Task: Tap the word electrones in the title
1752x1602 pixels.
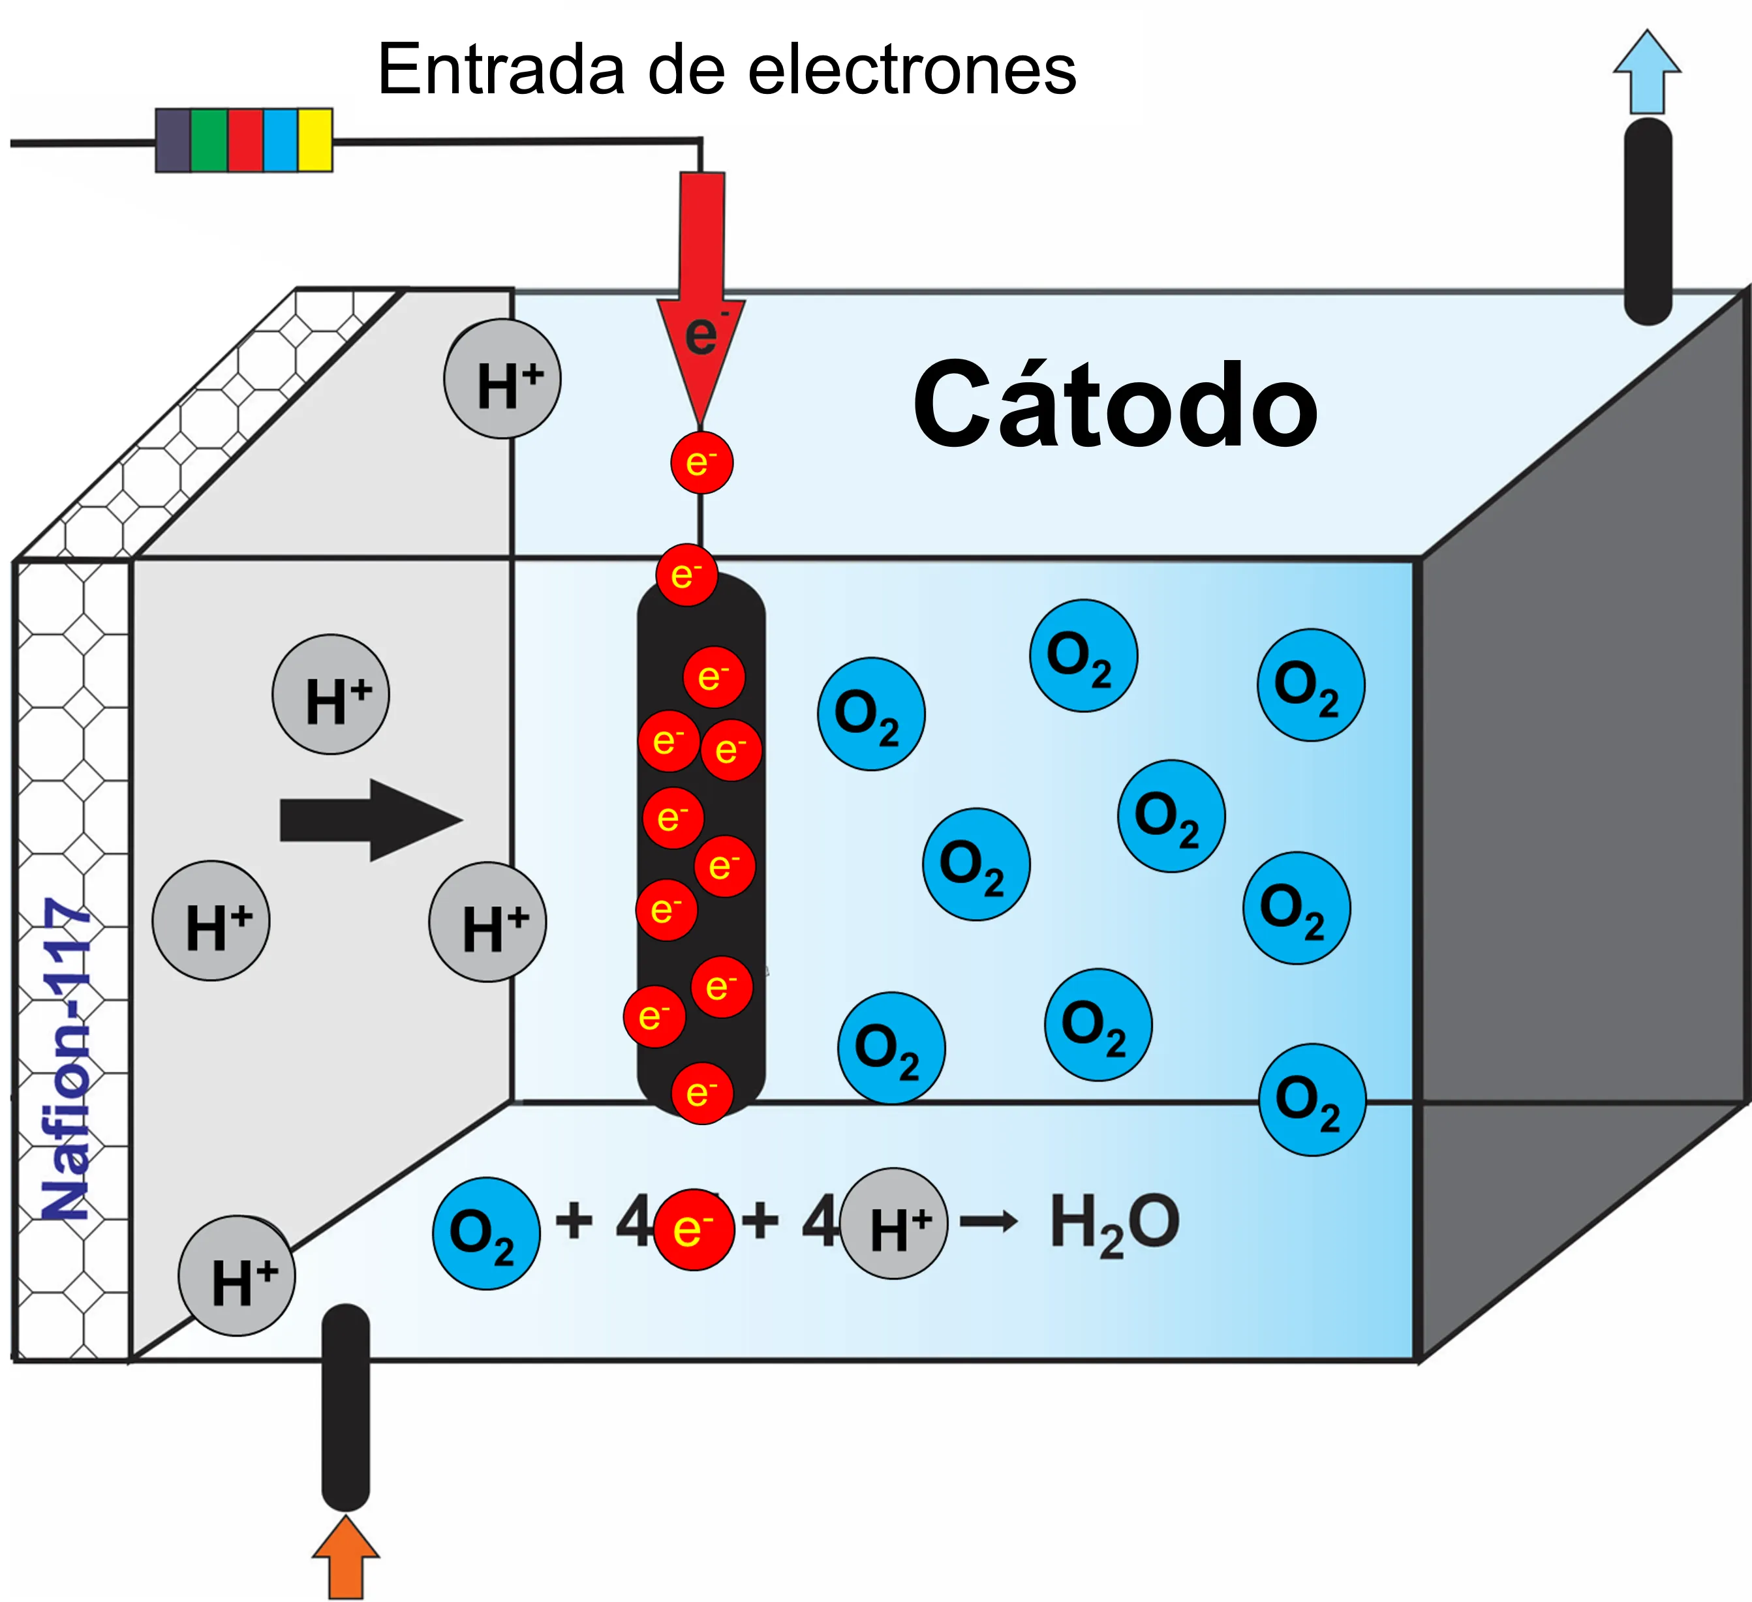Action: pyautogui.click(x=912, y=70)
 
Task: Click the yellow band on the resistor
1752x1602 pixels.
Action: pyautogui.click(x=315, y=140)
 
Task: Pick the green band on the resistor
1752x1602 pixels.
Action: pyautogui.click(x=209, y=140)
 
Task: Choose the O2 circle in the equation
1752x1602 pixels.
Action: pyautogui.click(x=486, y=1233)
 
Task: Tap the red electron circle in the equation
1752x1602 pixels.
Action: pyautogui.click(x=694, y=1230)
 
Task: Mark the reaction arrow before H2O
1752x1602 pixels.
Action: pyautogui.click(x=989, y=1222)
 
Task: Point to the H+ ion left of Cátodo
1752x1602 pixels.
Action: pyautogui.click(x=502, y=380)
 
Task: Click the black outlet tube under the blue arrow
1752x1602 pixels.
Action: pyautogui.click(x=1648, y=222)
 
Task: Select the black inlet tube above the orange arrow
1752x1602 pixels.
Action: pyautogui.click(x=346, y=1408)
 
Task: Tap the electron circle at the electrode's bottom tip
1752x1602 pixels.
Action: pyautogui.click(x=702, y=1093)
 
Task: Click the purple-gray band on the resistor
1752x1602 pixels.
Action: pyautogui.click(x=173, y=140)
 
